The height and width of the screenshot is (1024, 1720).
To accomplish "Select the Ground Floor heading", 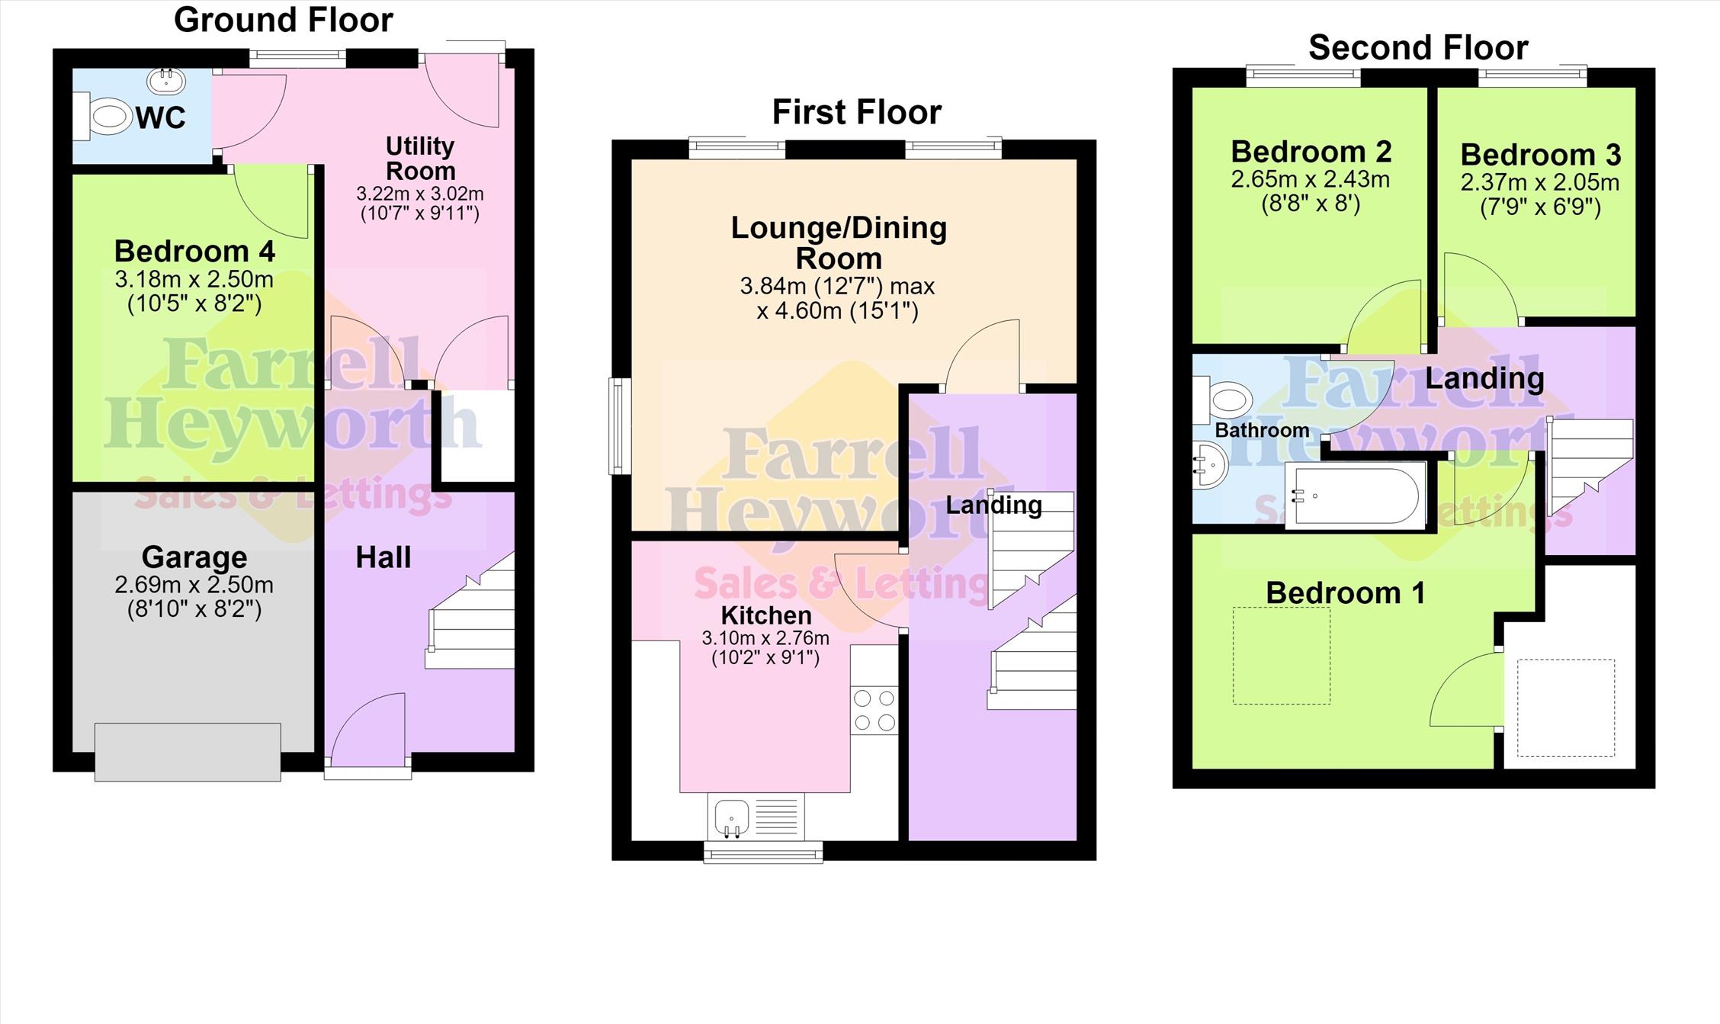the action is click(x=284, y=20).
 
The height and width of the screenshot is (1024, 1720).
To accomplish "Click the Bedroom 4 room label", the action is click(x=194, y=251).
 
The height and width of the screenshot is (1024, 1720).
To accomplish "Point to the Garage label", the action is click(x=194, y=557).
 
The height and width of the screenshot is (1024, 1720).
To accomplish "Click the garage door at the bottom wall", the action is click(x=188, y=752).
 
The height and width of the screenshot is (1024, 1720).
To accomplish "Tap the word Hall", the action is click(x=383, y=557).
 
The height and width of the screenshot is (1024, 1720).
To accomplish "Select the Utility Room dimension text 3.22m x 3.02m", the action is click(x=420, y=194).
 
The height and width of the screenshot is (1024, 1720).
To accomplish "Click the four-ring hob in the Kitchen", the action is click(x=874, y=711).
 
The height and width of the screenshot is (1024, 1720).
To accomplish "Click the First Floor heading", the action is click(x=857, y=112).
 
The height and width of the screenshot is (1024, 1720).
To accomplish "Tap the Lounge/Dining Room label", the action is click(x=839, y=242).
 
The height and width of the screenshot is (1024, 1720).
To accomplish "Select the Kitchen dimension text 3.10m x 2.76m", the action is click(x=765, y=638).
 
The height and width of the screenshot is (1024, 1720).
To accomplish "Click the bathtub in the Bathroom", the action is click(x=1356, y=495).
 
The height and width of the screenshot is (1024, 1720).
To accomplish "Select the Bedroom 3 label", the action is click(x=1541, y=155).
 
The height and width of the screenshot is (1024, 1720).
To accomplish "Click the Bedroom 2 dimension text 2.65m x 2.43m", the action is click(x=1311, y=180).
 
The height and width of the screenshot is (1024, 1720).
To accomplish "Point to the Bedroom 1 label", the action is click(x=1346, y=592).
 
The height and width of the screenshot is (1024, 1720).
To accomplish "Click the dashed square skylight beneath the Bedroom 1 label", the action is click(x=1282, y=655).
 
